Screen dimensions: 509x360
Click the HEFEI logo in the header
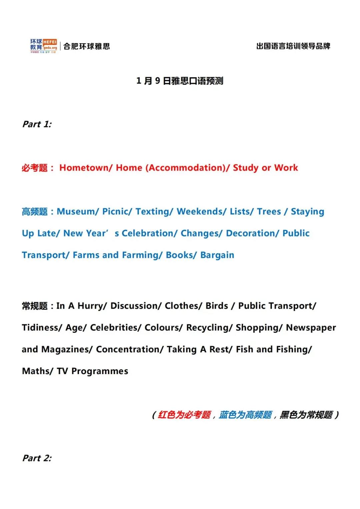44,46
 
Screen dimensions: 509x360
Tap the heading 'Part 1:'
37,124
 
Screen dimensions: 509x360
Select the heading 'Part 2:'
37,458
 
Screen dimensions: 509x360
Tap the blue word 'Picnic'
115,212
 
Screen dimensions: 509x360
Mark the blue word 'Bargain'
217,255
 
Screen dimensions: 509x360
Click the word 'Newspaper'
311,327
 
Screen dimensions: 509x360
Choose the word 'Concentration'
128,349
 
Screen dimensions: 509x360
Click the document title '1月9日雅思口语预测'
180,81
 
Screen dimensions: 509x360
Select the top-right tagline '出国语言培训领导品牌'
293,46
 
